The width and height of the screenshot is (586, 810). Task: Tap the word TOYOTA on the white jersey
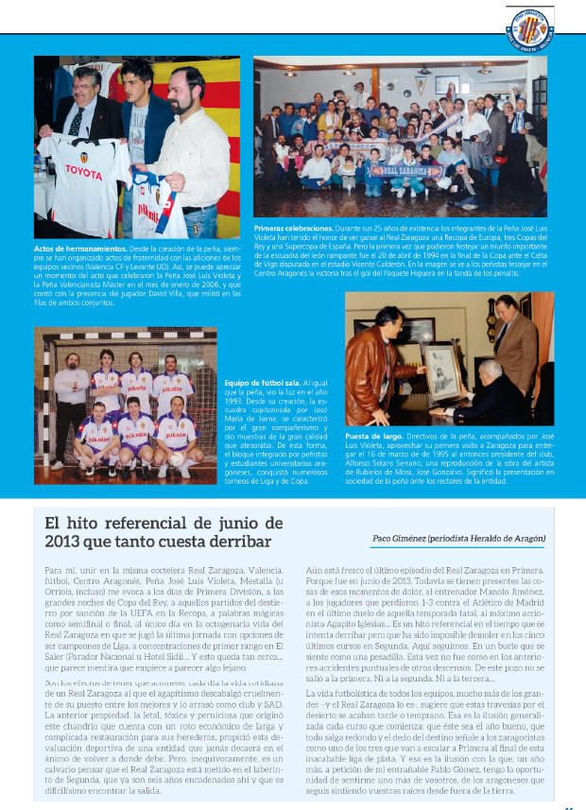pos(83,172)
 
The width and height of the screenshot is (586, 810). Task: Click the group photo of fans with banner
pos(401,137)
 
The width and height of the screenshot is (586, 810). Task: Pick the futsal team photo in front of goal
pos(125,402)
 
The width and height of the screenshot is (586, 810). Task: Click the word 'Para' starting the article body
pos(55,573)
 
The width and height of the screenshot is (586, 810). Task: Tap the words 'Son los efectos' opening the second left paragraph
pos(78,682)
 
